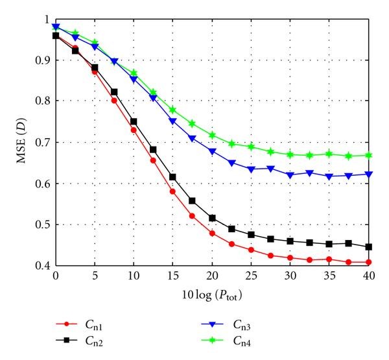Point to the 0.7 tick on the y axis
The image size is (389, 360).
click(41, 142)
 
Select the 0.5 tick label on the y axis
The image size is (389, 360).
click(41, 225)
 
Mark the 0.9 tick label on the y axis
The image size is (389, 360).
click(41, 60)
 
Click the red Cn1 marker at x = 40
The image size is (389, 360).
click(368, 263)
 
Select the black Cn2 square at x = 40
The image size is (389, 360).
click(368, 247)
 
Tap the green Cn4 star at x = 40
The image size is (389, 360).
click(368, 155)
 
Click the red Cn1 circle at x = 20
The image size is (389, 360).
click(212, 233)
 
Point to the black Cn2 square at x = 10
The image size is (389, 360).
click(134, 122)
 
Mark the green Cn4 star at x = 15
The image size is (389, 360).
click(172, 110)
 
